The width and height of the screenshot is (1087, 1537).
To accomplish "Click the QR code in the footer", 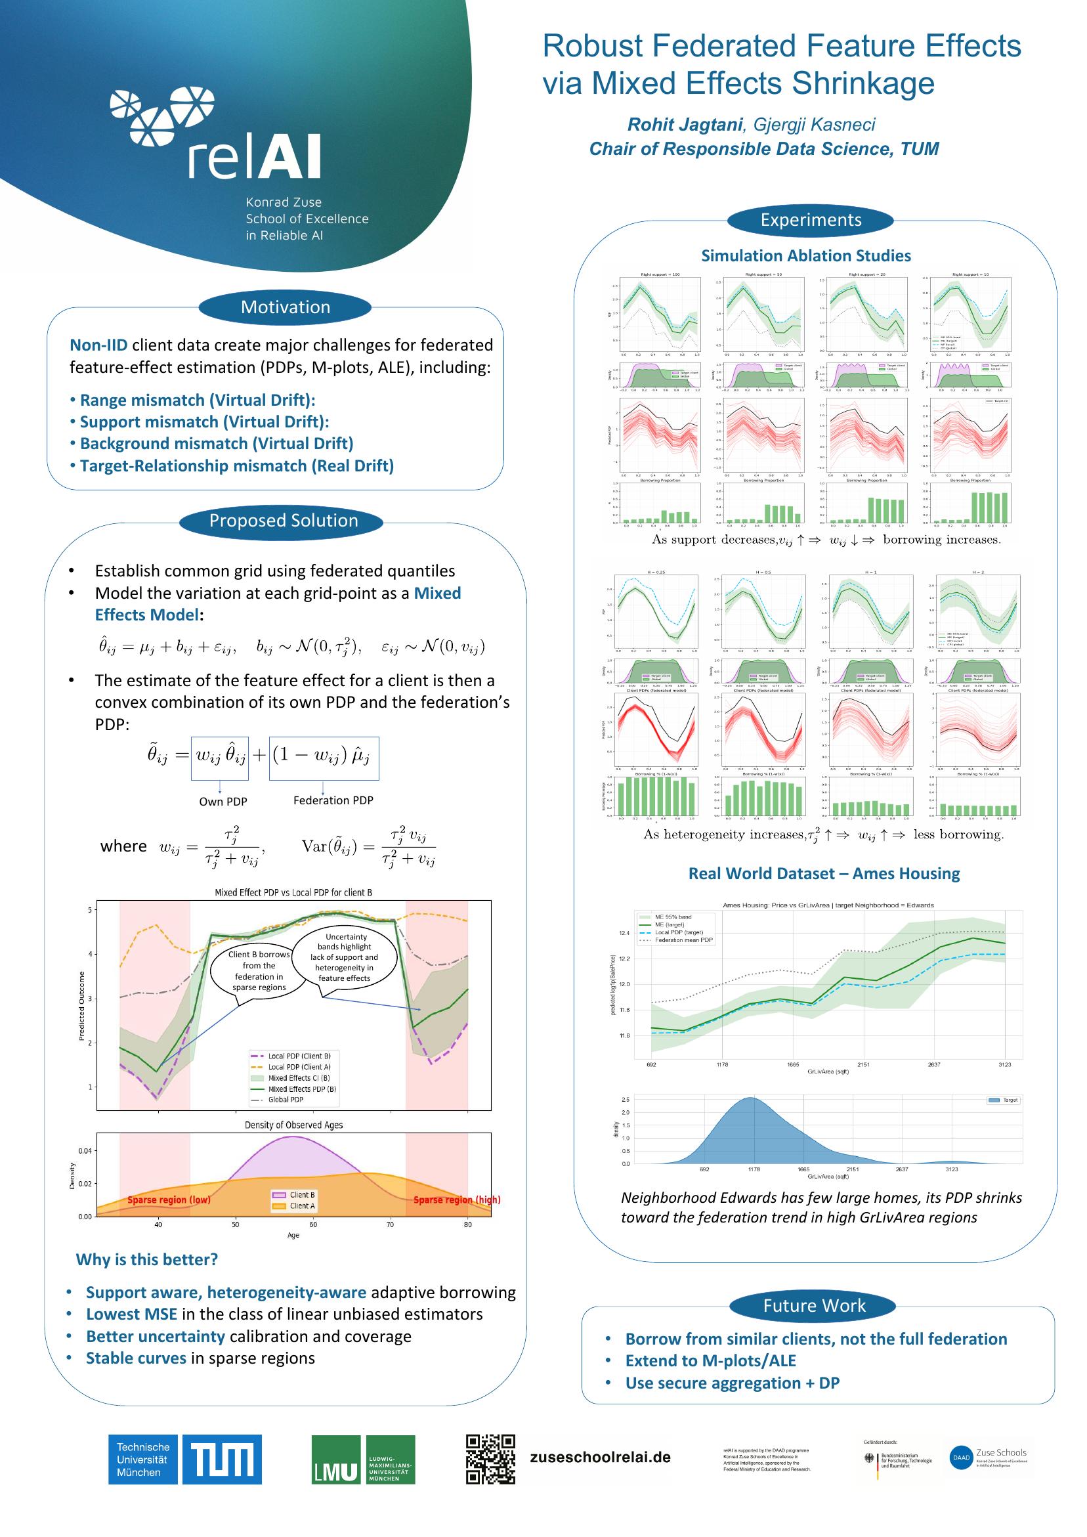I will pyautogui.click(x=490, y=1458).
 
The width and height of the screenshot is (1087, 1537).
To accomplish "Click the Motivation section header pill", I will pyautogui.click(x=285, y=307).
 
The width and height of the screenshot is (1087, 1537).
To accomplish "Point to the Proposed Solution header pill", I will pyautogui.click(x=284, y=521).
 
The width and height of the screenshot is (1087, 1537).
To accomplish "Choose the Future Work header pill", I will pyautogui.click(x=814, y=1305).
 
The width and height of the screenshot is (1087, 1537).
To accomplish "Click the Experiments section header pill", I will pyautogui.click(x=811, y=220).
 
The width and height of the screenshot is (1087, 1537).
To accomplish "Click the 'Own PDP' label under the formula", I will pyautogui.click(x=223, y=801).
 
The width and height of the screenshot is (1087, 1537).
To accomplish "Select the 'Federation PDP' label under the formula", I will pyautogui.click(x=333, y=800).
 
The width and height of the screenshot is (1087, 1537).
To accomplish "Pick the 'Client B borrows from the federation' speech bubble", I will pyautogui.click(x=259, y=970).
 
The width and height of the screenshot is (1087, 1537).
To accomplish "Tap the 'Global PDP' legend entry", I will pyautogui.click(x=286, y=1099).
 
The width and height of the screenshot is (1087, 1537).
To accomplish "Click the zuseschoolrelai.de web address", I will pyautogui.click(x=600, y=1458).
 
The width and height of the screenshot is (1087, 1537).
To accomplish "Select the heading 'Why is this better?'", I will pyautogui.click(x=146, y=1259).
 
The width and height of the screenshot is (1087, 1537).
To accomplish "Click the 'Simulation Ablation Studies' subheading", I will pyautogui.click(x=806, y=255).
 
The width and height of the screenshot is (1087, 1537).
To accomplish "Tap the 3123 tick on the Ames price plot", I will pyautogui.click(x=1004, y=1064).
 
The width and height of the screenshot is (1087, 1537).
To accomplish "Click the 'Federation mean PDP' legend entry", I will pyautogui.click(x=683, y=941).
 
